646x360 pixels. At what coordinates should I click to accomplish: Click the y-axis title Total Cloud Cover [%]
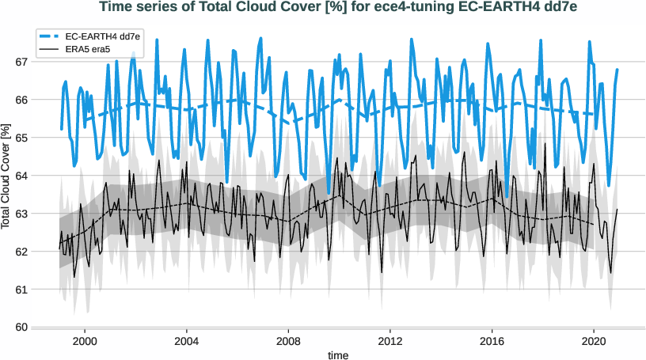[7, 176]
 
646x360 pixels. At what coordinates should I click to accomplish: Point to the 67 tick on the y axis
[21, 62]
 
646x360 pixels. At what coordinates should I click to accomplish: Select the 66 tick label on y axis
[21, 100]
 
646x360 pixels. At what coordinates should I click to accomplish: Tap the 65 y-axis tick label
[21, 138]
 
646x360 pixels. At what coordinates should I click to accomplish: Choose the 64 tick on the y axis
[21, 176]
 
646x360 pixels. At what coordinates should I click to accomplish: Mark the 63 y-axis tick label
[21, 214]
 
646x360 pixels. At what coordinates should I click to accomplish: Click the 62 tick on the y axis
[21, 252]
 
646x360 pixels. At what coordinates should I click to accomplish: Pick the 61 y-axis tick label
[21, 290]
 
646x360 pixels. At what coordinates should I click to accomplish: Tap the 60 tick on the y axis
[21, 328]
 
